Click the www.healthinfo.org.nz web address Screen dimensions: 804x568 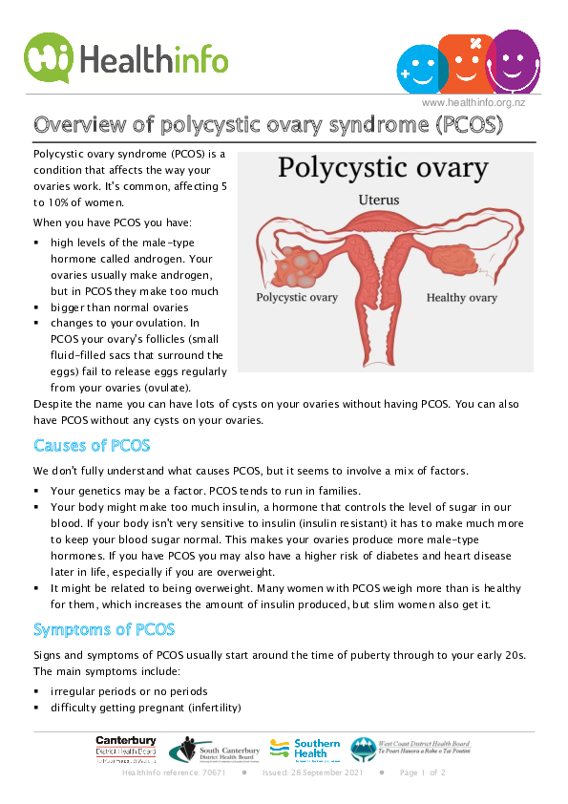click(x=473, y=103)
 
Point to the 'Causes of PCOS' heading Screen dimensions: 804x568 click(x=92, y=446)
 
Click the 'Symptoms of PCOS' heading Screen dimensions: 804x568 click(x=104, y=629)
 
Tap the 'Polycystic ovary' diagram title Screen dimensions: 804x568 click(x=383, y=169)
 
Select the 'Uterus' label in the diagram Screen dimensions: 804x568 click(x=379, y=201)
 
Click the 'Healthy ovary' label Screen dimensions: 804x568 click(x=461, y=298)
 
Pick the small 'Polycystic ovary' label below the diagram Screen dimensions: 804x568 click(x=297, y=297)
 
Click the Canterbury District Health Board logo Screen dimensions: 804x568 click(x=126, y=749)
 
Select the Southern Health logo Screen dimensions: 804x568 click(x=305, y=748)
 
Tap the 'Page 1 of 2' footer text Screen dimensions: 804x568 click(x=423, y=772)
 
